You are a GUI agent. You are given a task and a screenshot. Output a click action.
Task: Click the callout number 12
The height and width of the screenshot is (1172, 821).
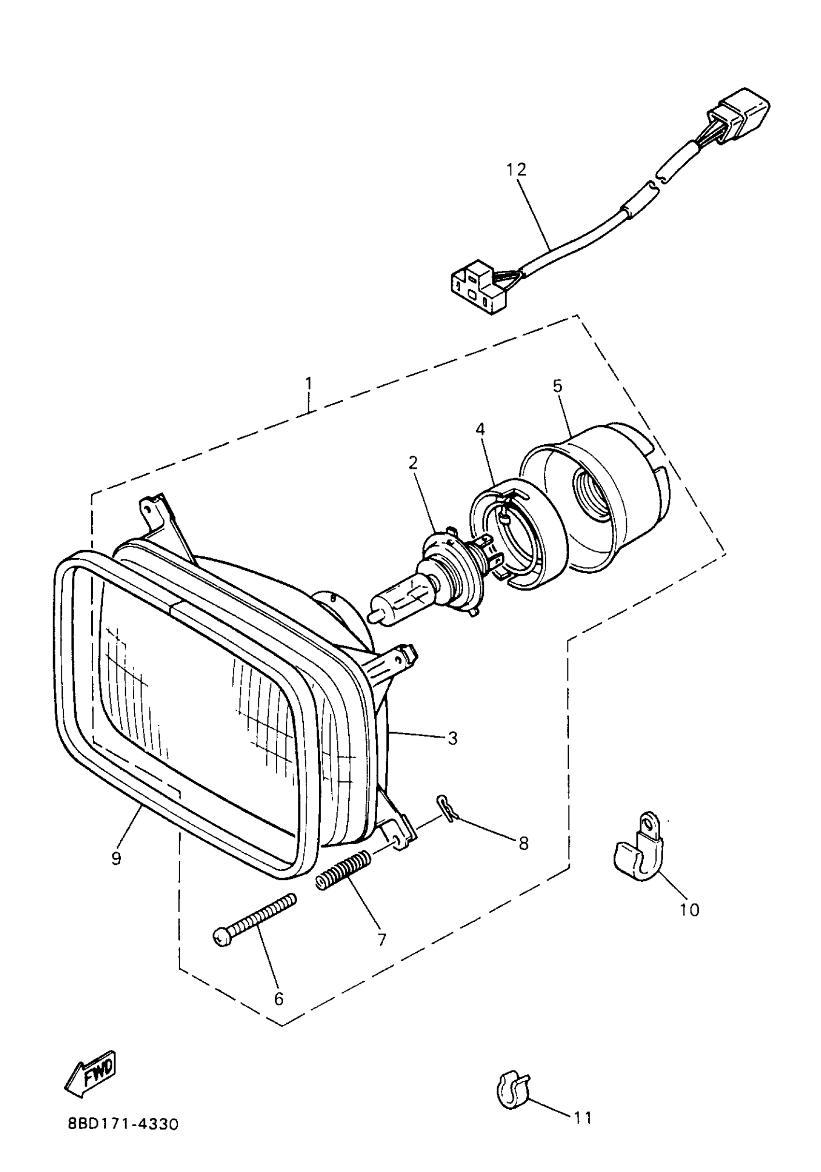pyautogui.click(x=516, y=169)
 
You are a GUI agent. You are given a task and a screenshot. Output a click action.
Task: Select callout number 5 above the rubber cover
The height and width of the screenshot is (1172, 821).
pyautogui.click(x=557, y=386)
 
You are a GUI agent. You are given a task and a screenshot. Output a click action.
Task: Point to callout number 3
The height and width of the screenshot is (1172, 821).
pyautogui.click(x=453, y=738)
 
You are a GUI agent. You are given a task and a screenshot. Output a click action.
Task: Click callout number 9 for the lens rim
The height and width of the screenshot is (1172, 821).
pyautogui.click(x=116, y=859)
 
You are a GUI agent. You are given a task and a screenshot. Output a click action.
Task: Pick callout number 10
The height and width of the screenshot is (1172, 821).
pyautogui.click(x=690, y=909)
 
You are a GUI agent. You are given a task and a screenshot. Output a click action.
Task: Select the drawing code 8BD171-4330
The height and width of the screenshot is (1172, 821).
pyautogui.click(x=123, y=1124)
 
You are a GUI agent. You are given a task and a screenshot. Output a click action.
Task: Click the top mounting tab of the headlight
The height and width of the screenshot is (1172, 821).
pyautogui.click(x=155, y=510)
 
